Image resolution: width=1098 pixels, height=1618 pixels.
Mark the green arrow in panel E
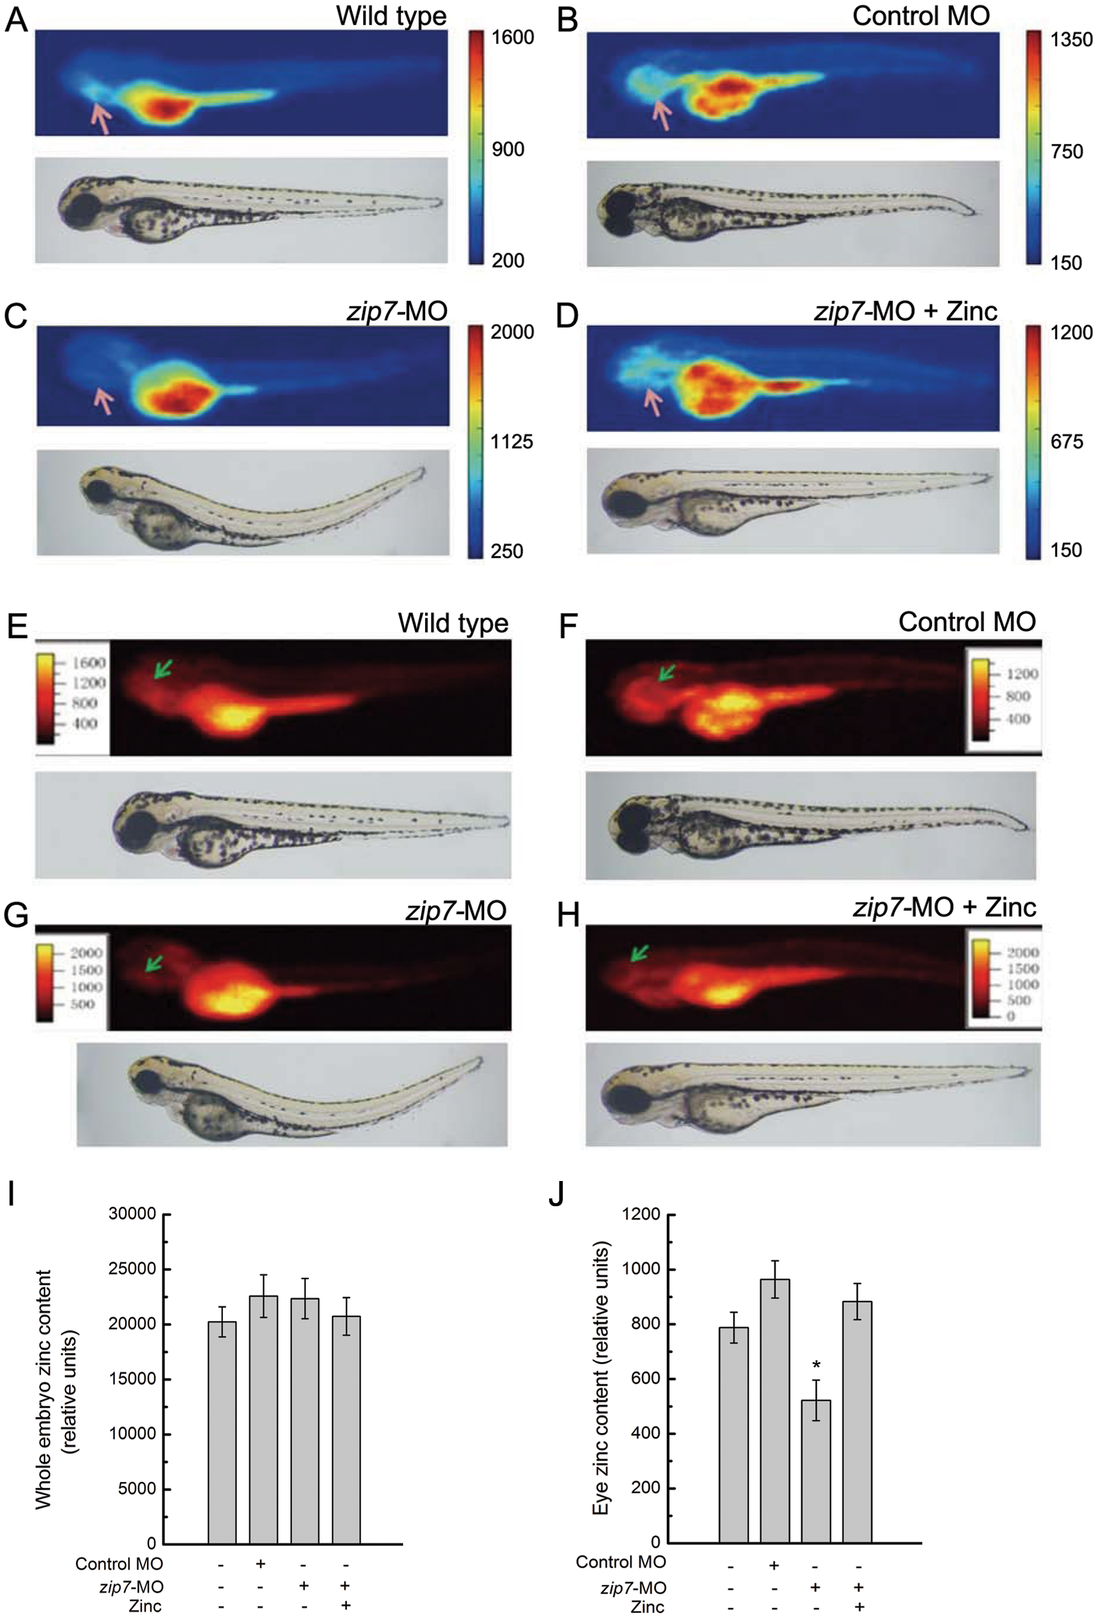click(x=162, y=668)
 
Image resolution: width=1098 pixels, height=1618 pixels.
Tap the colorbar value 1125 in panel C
click(x=511, y=442)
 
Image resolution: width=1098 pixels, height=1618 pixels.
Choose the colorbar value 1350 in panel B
click(x=1071, y=40)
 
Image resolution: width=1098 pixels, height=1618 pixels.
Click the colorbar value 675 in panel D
click(x=1066, y=442)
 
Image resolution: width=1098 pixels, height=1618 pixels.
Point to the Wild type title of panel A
click(x=391, y=15)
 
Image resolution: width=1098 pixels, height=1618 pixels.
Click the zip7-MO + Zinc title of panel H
click(x=944, y=907)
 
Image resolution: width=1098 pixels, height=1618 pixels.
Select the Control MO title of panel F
click(x=967, y=622)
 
